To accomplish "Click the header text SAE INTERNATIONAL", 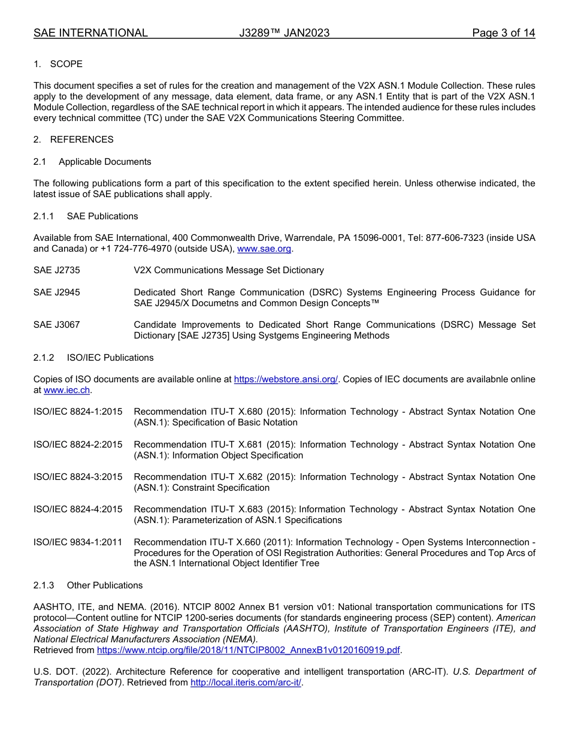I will pos(90,33).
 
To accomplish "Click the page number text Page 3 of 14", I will pos(503,33).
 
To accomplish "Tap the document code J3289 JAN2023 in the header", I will pos(284,33).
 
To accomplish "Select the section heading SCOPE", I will pos(66,64).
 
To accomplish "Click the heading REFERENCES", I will pos(81,140).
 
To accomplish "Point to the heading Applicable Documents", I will pos(105,162).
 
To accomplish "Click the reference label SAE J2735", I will pos(56,270).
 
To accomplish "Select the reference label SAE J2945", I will pos(56,292).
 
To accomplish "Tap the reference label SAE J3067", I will pos(56,325).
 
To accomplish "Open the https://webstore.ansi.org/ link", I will pos(286,379).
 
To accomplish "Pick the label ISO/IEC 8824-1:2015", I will pos(78,412).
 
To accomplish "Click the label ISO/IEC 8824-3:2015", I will pos(78,477).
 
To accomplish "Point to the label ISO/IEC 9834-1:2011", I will pos(78,542).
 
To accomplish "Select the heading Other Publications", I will pos(104,585).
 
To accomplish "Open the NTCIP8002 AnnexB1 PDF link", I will pos(249,650).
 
